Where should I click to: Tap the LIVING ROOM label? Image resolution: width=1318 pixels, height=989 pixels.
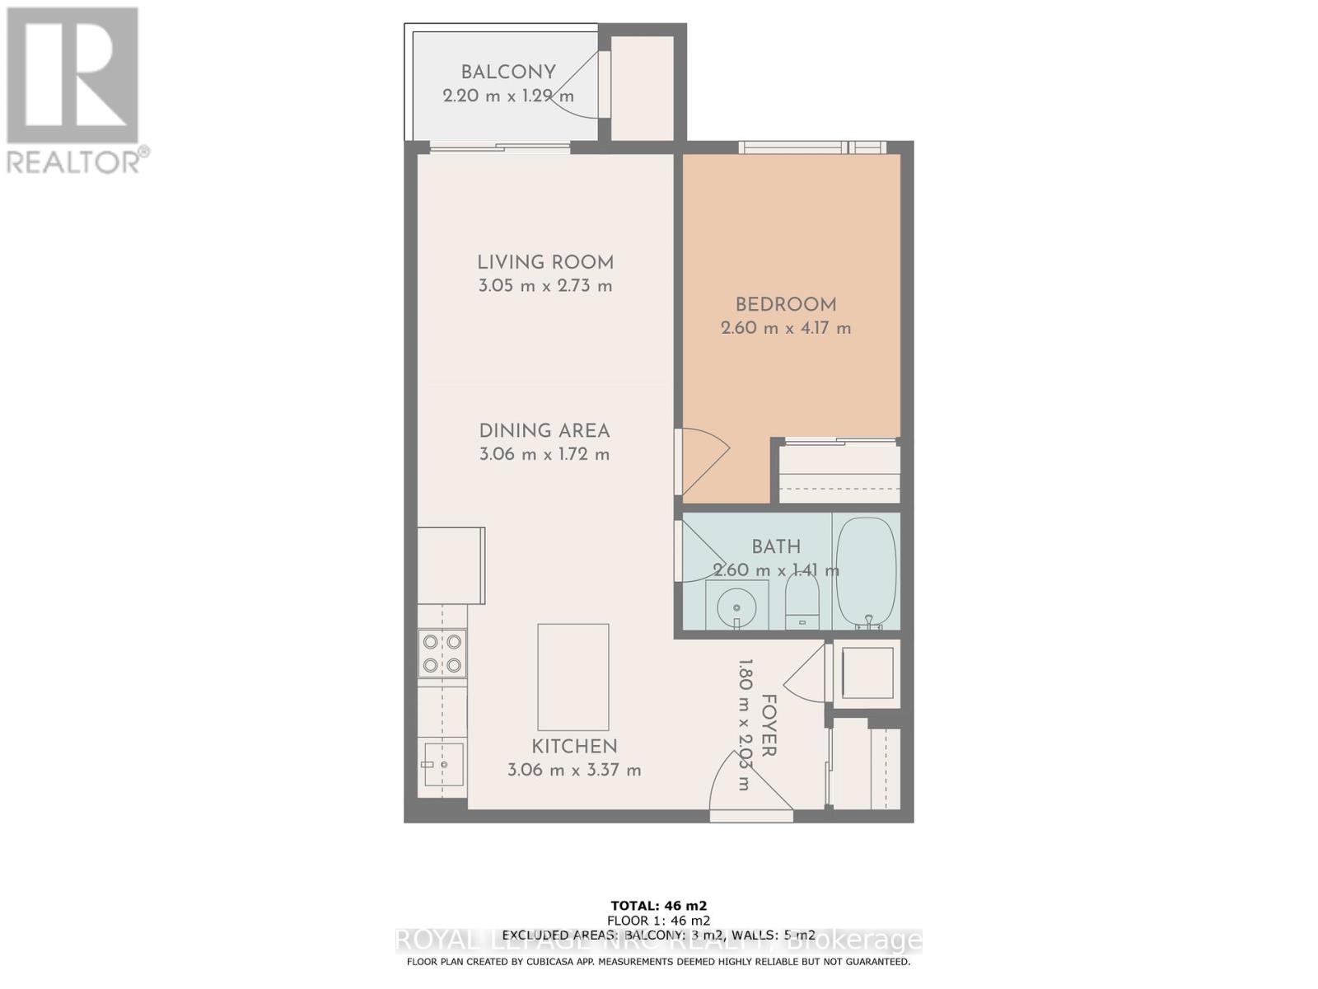click(545, 263)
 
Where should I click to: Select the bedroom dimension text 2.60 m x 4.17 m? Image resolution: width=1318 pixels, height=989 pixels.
click(786, 328)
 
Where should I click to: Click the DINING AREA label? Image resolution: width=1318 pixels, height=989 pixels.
click(544, 431)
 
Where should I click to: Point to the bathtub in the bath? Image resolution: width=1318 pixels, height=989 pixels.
click(866, 572)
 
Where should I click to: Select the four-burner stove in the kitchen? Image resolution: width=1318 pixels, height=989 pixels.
click(442, 654)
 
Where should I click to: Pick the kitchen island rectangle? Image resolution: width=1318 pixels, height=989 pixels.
click(573, 677)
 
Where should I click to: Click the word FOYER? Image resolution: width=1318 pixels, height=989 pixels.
click(769, 725)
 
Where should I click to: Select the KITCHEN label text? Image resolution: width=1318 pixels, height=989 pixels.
click(574, 747)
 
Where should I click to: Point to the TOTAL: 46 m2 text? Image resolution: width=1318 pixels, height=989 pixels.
click(658, 905)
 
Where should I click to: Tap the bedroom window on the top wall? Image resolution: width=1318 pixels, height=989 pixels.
click(812, 148)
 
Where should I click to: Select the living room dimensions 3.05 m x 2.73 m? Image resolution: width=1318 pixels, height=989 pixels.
click(545, 287)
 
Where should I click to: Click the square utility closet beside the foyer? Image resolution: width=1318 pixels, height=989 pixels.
click(867, 673)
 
